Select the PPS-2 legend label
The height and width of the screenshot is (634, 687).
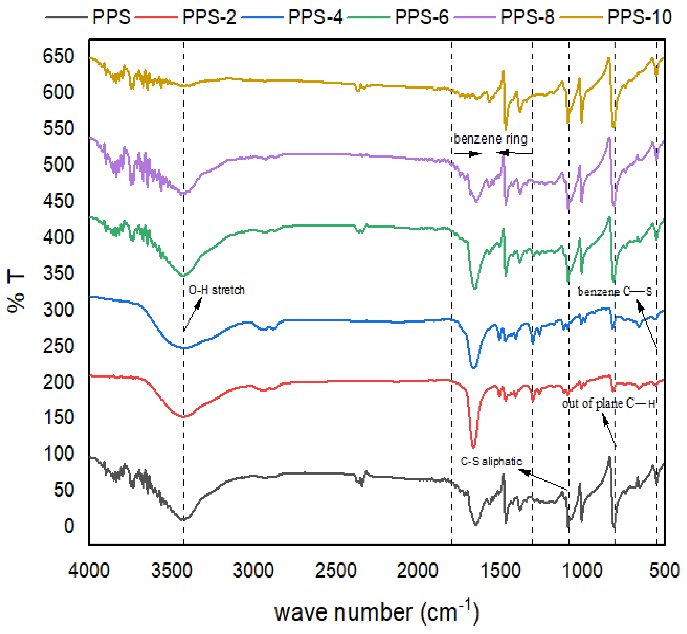tap(209, 17)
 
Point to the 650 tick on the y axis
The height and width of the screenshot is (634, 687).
tap(58, 56)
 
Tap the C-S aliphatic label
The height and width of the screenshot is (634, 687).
tap(491, 461)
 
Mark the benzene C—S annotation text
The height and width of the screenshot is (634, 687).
tap(615, 292)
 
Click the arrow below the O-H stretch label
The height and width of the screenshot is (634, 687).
tap(192, 314)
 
